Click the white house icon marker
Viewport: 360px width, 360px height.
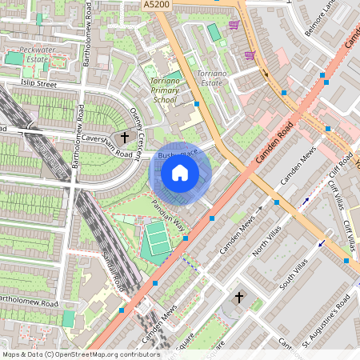tap(180, 173)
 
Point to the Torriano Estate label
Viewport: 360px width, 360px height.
tap(210, 78)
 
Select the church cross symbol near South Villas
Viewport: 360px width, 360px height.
tap(238, 298)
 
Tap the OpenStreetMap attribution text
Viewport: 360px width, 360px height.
tap(80, 354)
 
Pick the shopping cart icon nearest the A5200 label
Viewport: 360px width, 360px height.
tap(234, 25)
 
